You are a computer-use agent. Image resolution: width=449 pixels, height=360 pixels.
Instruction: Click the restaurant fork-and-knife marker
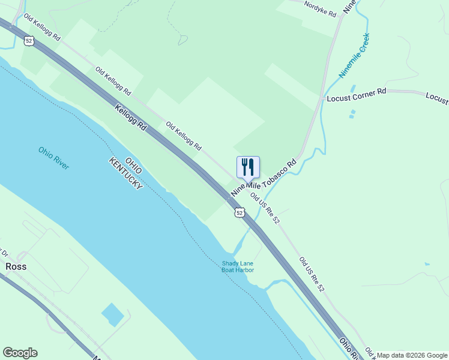tap(249, 167)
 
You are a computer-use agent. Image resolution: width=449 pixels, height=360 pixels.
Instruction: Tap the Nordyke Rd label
tap(320, 8)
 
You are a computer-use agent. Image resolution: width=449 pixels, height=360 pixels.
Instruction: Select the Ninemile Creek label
tap(354, 56)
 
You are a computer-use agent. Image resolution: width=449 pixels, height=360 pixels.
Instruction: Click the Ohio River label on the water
tap(53, 158)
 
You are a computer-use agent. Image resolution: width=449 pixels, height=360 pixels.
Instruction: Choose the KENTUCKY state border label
tap(125, 175)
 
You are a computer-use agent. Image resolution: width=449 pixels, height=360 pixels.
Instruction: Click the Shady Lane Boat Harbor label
tap(238, 266)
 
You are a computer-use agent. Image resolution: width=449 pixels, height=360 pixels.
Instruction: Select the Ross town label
tap(16, 266)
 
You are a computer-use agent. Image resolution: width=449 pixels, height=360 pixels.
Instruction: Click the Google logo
tap(20, 353)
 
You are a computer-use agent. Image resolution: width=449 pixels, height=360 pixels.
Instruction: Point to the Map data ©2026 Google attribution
tap(411, 355)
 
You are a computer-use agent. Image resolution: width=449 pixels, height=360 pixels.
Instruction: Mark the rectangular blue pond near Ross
tap(113, 314)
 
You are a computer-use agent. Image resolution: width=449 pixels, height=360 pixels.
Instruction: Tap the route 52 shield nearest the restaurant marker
tap(240, 212)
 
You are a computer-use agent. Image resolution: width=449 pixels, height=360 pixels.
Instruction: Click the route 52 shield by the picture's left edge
tap(28, 41)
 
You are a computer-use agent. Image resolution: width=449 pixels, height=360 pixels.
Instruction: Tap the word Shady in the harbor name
tap(231, 263)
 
